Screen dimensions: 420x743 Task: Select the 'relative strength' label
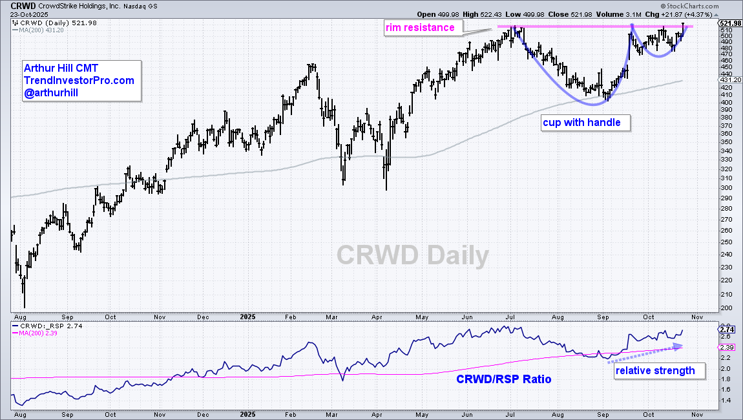[x=655, y=370]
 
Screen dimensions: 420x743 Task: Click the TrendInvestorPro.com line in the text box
[x=79, y=80]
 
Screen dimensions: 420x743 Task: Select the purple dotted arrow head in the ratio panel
[x=678, y=346]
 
